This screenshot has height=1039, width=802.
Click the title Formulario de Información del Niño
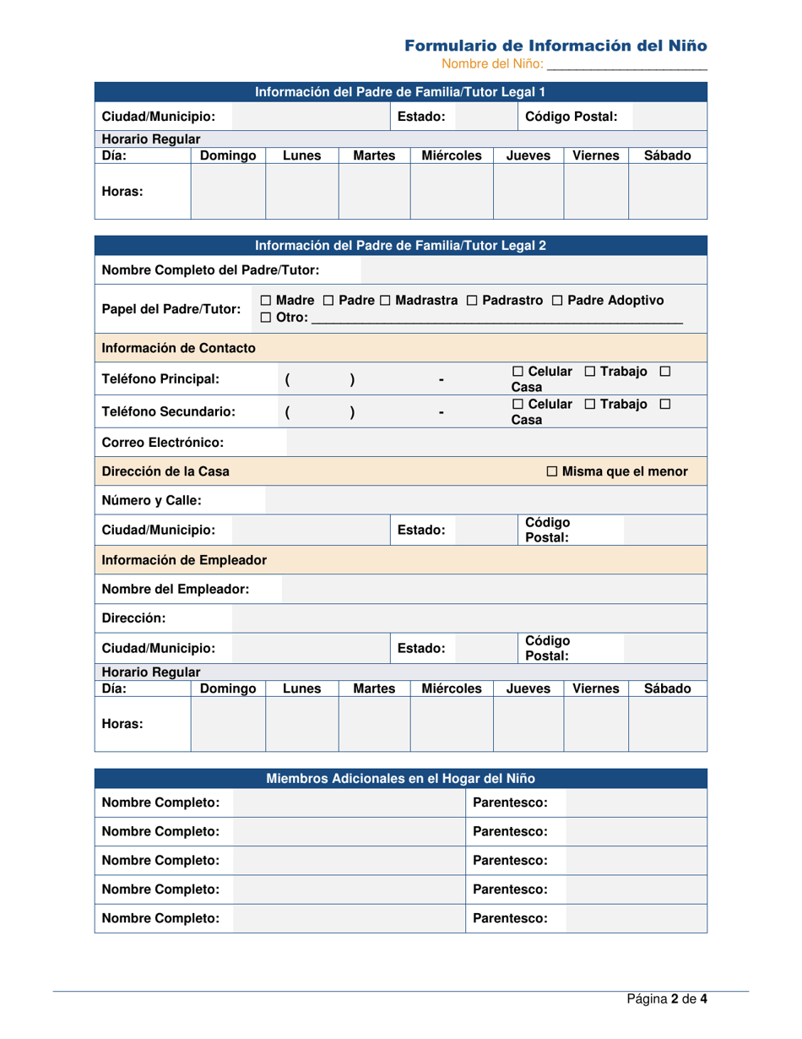click(555, 45)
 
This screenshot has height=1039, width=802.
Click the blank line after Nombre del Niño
click(626, 63)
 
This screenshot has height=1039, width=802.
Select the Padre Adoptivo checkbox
click(557, 301)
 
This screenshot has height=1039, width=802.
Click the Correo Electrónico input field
click(496, 442)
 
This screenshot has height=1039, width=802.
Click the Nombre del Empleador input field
click(493, 589)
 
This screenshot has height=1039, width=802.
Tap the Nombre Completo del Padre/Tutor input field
click(533, 270)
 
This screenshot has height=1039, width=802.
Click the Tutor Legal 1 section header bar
click(401, 91)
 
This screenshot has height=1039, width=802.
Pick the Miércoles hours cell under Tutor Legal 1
click(451, 192)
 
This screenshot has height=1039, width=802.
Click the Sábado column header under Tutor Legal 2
click(667, 688)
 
